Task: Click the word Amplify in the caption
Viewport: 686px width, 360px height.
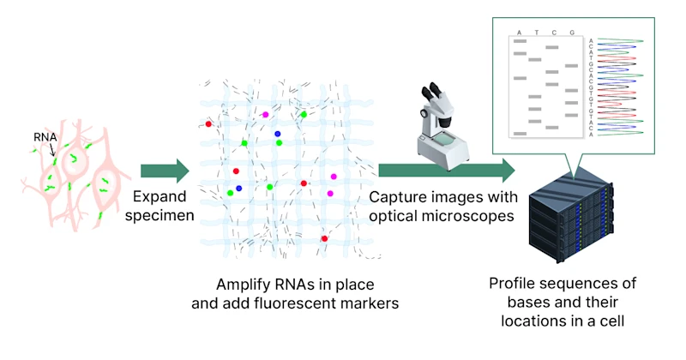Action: [x=244, y=283]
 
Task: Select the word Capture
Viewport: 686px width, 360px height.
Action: [x=396, y=196]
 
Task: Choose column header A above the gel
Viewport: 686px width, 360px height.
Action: [x=520, y=33]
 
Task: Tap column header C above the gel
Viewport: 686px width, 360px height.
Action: [x=555, y=33]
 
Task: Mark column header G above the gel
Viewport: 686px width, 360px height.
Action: [x=572, y=33]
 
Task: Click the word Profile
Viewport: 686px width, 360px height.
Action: [x=514, y=284]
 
